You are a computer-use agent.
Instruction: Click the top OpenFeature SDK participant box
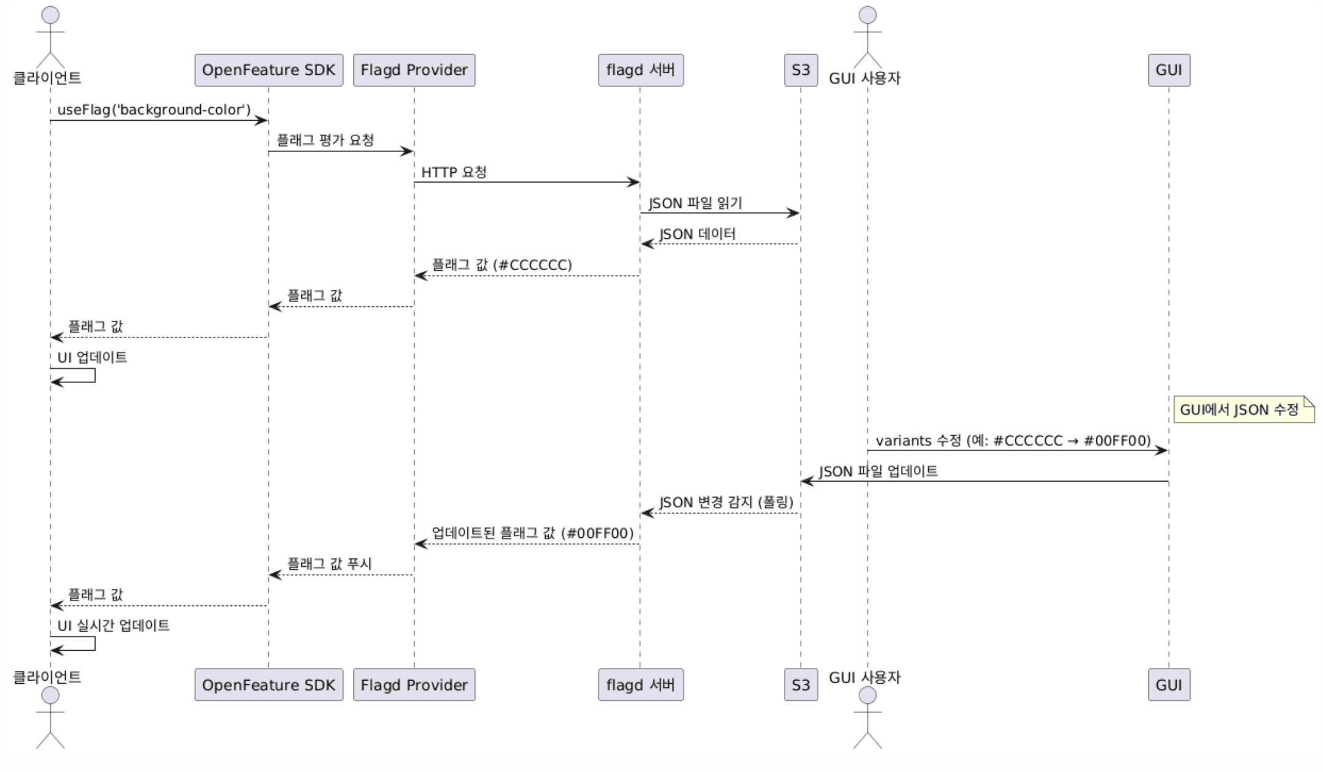(268, 70)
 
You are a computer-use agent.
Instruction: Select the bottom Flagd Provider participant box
(414, 684)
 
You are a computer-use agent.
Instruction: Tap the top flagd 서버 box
(641, 70)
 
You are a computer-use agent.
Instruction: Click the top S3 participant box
(801, 70)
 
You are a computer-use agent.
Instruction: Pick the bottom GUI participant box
(1169, 684)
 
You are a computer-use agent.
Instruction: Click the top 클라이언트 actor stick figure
(50, 37)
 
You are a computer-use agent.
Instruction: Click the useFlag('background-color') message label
(154, 110)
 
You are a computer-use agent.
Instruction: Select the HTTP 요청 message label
(454, 172)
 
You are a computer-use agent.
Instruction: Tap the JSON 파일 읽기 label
(695, 203)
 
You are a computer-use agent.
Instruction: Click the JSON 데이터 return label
(698, 234)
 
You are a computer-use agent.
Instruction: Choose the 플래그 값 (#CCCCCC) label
(502, 265)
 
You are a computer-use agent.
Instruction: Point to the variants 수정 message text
(1013, 441)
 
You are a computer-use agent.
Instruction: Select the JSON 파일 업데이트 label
(878, 471)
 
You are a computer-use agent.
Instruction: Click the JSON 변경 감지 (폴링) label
(726, 502)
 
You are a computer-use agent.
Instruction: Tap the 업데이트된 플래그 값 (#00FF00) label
(533, 533)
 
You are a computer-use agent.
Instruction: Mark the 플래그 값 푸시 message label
(330, 564)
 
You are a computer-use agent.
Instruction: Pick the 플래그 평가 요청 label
(325, 140)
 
